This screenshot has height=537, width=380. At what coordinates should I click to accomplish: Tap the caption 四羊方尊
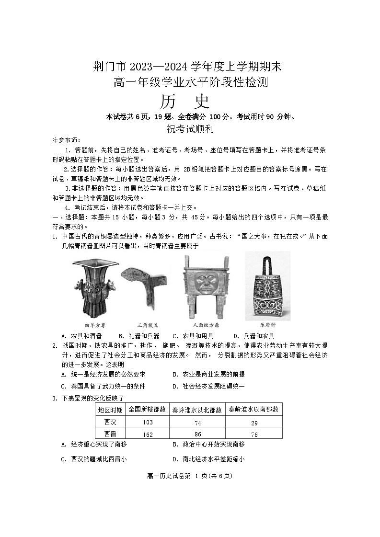click(x=95, y=324)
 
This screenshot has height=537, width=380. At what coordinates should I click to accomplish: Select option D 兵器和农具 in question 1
click(x=253, y=336)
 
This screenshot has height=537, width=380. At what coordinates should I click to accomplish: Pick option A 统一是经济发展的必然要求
click(x=104, y=374)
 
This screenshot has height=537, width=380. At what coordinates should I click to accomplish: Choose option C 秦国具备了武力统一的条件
click(x=104, y=386)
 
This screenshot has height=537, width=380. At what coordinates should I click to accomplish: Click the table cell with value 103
click(x=148, y=422)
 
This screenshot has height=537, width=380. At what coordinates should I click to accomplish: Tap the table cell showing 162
click(x=148, y=434)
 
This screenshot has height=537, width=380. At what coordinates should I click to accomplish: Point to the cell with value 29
click(x=254, y=423)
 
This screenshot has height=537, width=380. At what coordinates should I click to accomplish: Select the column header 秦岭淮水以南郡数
click(x=254, y=410)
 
